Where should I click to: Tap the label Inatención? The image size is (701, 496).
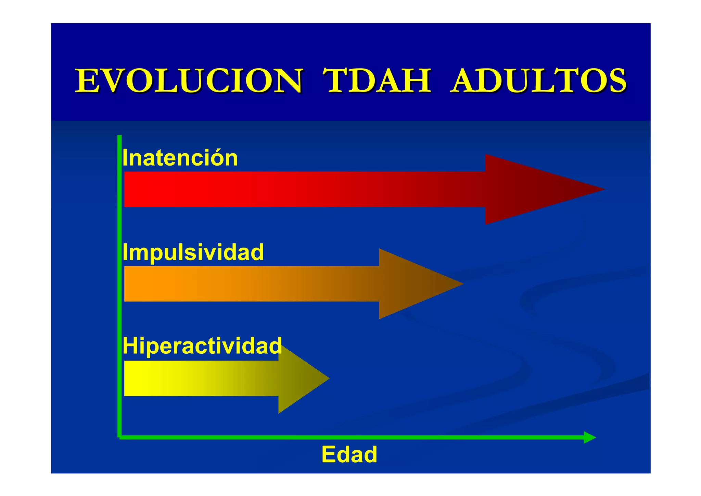(x=180, y=158)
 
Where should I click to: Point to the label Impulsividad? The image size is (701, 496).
(x=193, y=253)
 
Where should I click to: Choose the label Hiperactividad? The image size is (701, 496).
(x=202, y=346)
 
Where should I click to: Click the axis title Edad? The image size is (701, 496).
(x=349, y=455)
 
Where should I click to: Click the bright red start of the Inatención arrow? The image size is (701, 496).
(x=137, y=189)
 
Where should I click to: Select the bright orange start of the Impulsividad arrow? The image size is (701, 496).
(x=137, y=284)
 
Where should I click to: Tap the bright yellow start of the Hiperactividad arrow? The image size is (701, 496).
(x=137, y=378)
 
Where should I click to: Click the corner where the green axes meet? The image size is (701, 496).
(x=120, y=437)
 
